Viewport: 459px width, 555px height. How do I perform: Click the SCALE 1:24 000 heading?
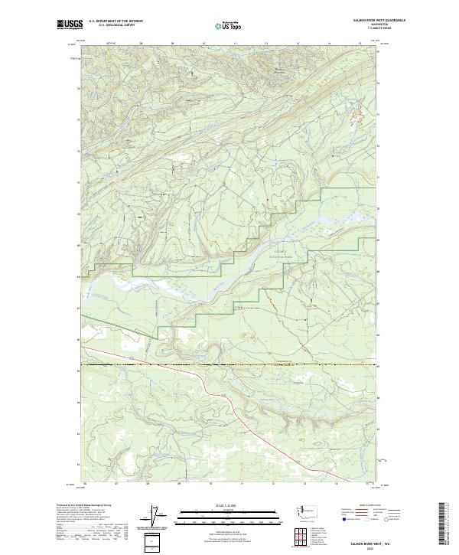click(229, 504)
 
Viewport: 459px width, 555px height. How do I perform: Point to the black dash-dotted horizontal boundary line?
click(229, 364)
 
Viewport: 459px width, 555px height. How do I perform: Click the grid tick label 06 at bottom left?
click(83, 484)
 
